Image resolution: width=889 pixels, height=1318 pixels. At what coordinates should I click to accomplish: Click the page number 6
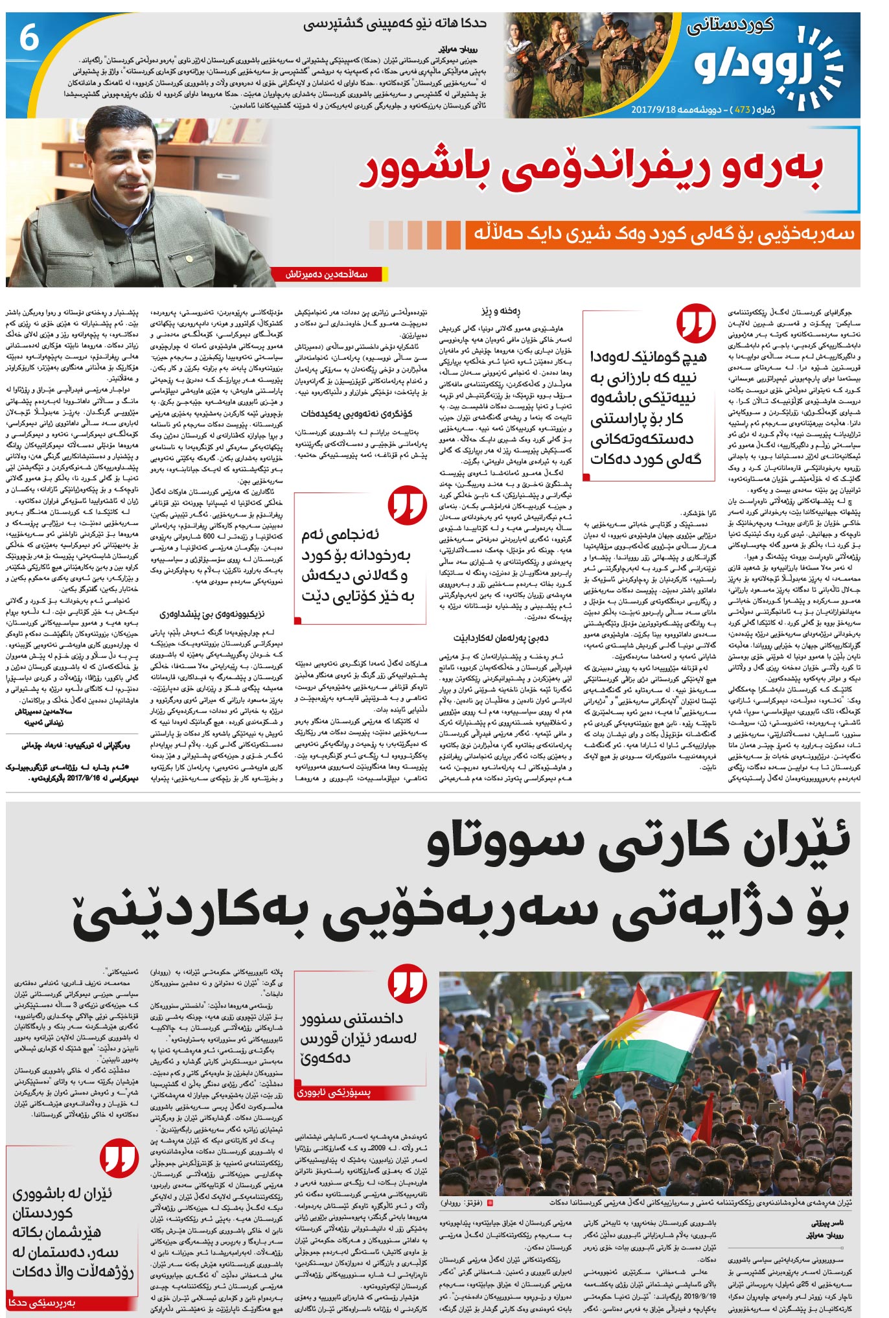tap(29, 38)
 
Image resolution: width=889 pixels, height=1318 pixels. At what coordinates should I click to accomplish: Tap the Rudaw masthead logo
tap(768, 64)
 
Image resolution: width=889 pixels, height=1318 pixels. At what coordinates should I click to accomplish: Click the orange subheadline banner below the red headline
tap(661, 235)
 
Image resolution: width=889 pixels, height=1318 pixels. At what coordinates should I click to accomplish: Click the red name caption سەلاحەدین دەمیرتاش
tap(327, 274)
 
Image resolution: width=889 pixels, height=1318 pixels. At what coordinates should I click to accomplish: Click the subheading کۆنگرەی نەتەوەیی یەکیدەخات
tap(356, 413)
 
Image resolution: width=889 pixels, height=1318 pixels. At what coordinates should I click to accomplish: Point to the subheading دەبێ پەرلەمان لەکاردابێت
tap(500, 637)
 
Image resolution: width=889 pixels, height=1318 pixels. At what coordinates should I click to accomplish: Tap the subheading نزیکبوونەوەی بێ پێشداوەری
tap(213, 613)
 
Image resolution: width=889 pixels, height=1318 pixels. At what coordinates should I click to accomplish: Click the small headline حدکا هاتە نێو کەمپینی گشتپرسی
tap(395, 24)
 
